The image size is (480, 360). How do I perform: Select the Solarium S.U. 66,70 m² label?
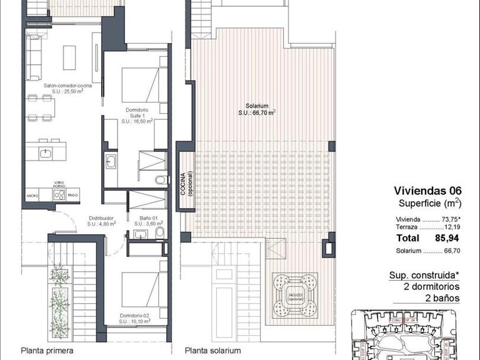coord(256,109)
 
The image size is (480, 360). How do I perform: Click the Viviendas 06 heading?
coord(427,191)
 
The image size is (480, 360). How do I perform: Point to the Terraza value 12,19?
coord(450,228)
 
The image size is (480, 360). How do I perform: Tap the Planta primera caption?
coord(47,351)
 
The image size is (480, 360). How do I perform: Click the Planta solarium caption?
coord(212,351)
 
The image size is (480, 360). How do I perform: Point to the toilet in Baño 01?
coord(159,234)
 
